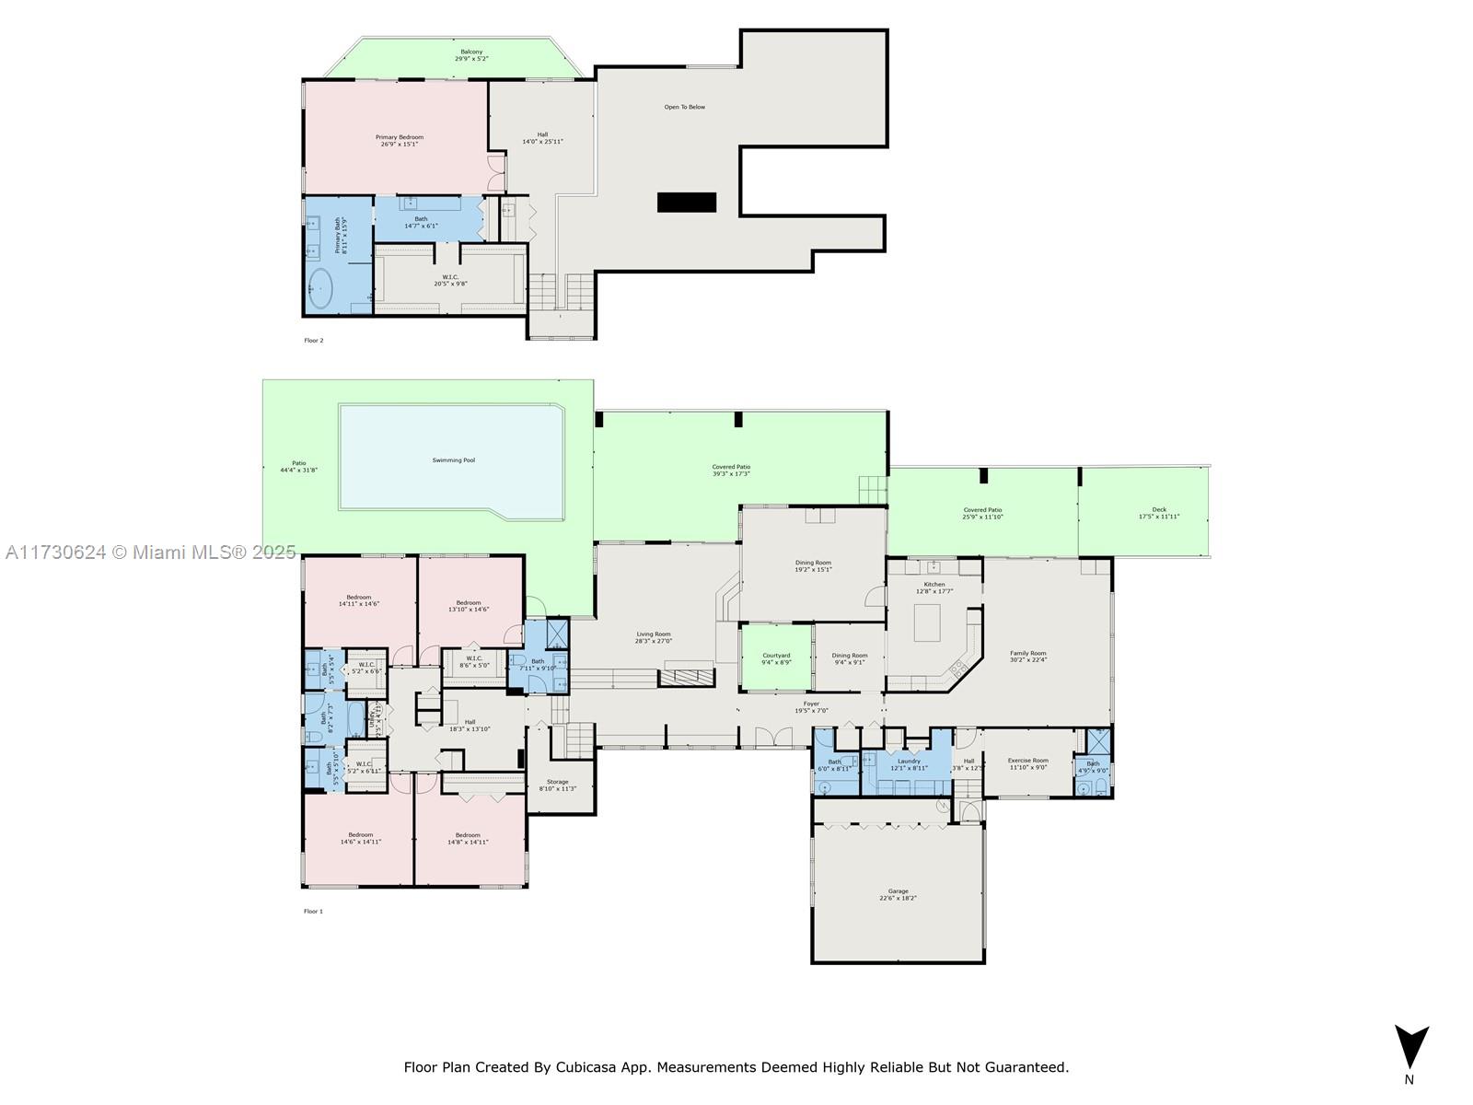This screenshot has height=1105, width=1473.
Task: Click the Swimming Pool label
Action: point(454,460)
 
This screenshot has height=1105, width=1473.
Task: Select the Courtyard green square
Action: point(776,657)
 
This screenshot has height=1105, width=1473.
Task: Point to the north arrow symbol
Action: point(1410,1048)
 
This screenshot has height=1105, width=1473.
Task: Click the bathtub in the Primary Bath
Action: point(320,289)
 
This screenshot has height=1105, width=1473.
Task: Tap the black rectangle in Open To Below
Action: point(686,202)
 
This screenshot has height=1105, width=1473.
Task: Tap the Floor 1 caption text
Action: point(314,912)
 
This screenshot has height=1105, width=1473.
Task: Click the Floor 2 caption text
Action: point(314,341)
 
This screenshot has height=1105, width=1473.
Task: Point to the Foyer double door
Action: point(767,738)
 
